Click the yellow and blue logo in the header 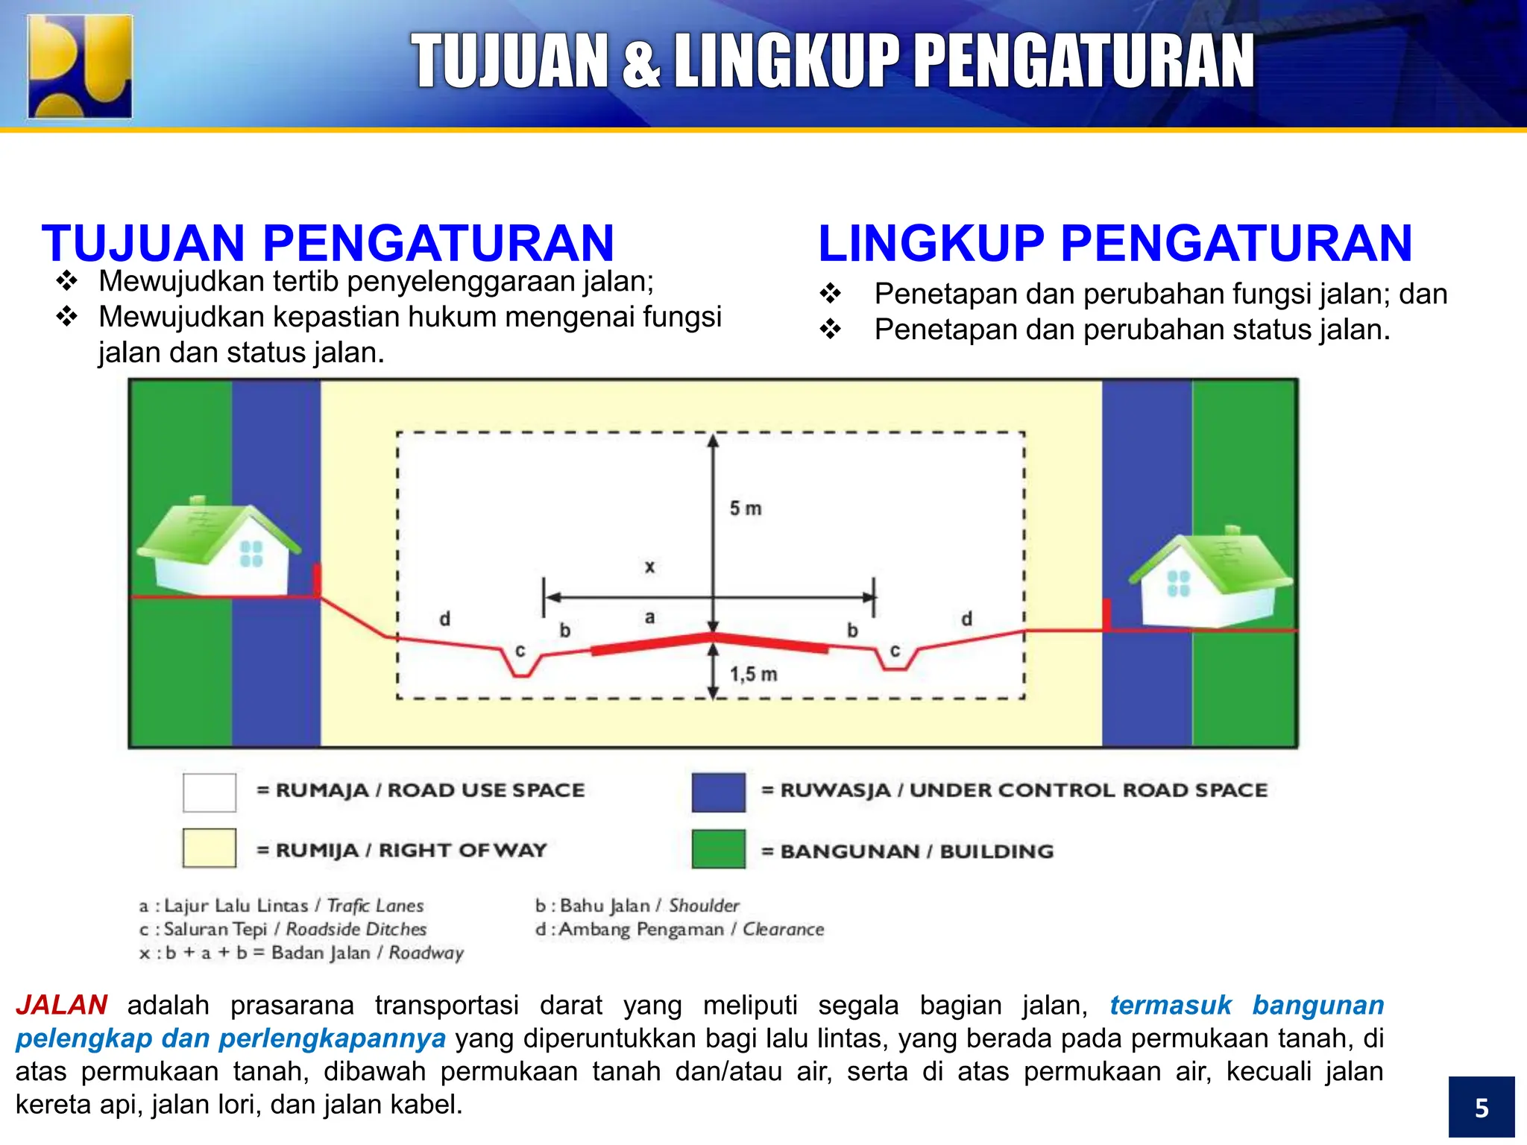point(80,66)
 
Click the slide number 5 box point(1481,1107)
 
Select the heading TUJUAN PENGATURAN point(328,243)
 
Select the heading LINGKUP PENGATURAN point(1115,243)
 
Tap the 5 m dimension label point(745,508)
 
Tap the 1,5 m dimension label point(752,674)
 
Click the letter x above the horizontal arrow point(649,567)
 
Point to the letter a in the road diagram point(649,617)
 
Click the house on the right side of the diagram point(1209,578)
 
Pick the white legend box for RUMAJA point(210,792)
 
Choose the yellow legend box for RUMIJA point(210,848)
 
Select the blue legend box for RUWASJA point(718,792)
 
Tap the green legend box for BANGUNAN point(718,849)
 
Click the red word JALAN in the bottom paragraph point(62,1005)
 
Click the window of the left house point(251,554)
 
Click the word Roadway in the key point(426,953)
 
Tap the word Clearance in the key point(783,930)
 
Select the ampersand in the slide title point(640,63)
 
